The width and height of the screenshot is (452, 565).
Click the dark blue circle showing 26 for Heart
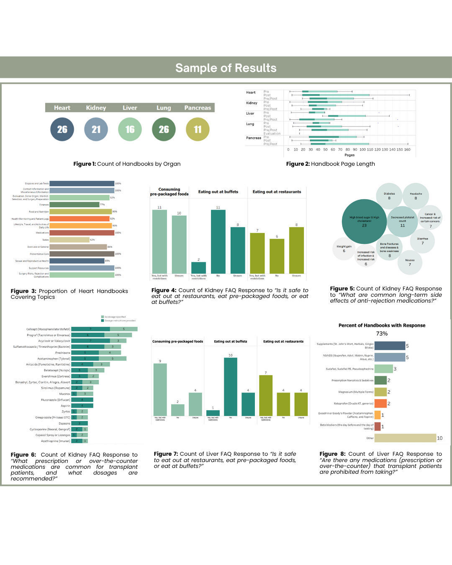coord(62,129)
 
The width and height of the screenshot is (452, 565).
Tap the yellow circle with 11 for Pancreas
coord(198,129)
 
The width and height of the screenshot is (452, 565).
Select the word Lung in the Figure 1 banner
coord(164,108)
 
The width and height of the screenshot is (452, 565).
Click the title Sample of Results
coord(226,68)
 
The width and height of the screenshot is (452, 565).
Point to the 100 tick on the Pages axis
coord(362,149)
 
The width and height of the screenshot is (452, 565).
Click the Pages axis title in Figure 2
coord(349,155)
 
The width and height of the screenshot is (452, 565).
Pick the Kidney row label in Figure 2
coord(252,103)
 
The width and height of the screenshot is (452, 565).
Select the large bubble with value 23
coord(364,221)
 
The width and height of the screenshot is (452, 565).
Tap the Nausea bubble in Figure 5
coord(410,262)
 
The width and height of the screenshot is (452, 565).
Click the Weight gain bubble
coord(344,249)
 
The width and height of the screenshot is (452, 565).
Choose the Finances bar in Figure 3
coord(74,205)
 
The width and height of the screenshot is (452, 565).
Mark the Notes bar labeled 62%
coord(69,240)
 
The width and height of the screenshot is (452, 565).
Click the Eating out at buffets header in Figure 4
coord(218,192)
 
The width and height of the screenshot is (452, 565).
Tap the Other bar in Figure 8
coord(405,438)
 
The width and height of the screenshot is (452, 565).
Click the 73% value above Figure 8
coord(382,334)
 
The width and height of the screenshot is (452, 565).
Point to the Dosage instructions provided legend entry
coord(119,321)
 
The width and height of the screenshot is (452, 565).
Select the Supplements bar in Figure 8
coord(390,346)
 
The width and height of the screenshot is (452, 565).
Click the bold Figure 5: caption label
coord(342,288)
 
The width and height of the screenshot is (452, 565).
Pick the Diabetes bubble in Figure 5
coord(389,196)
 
